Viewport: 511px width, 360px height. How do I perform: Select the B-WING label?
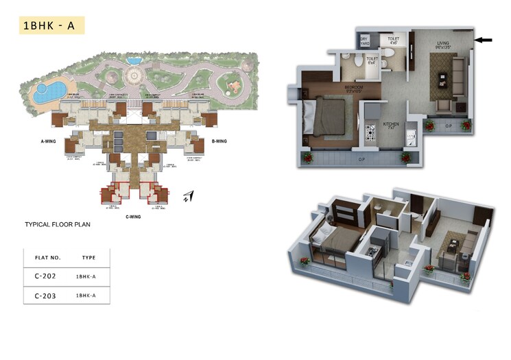click(219, 140)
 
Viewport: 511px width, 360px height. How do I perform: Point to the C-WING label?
click(133, 217)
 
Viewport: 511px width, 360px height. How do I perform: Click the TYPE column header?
click(88, 258)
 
